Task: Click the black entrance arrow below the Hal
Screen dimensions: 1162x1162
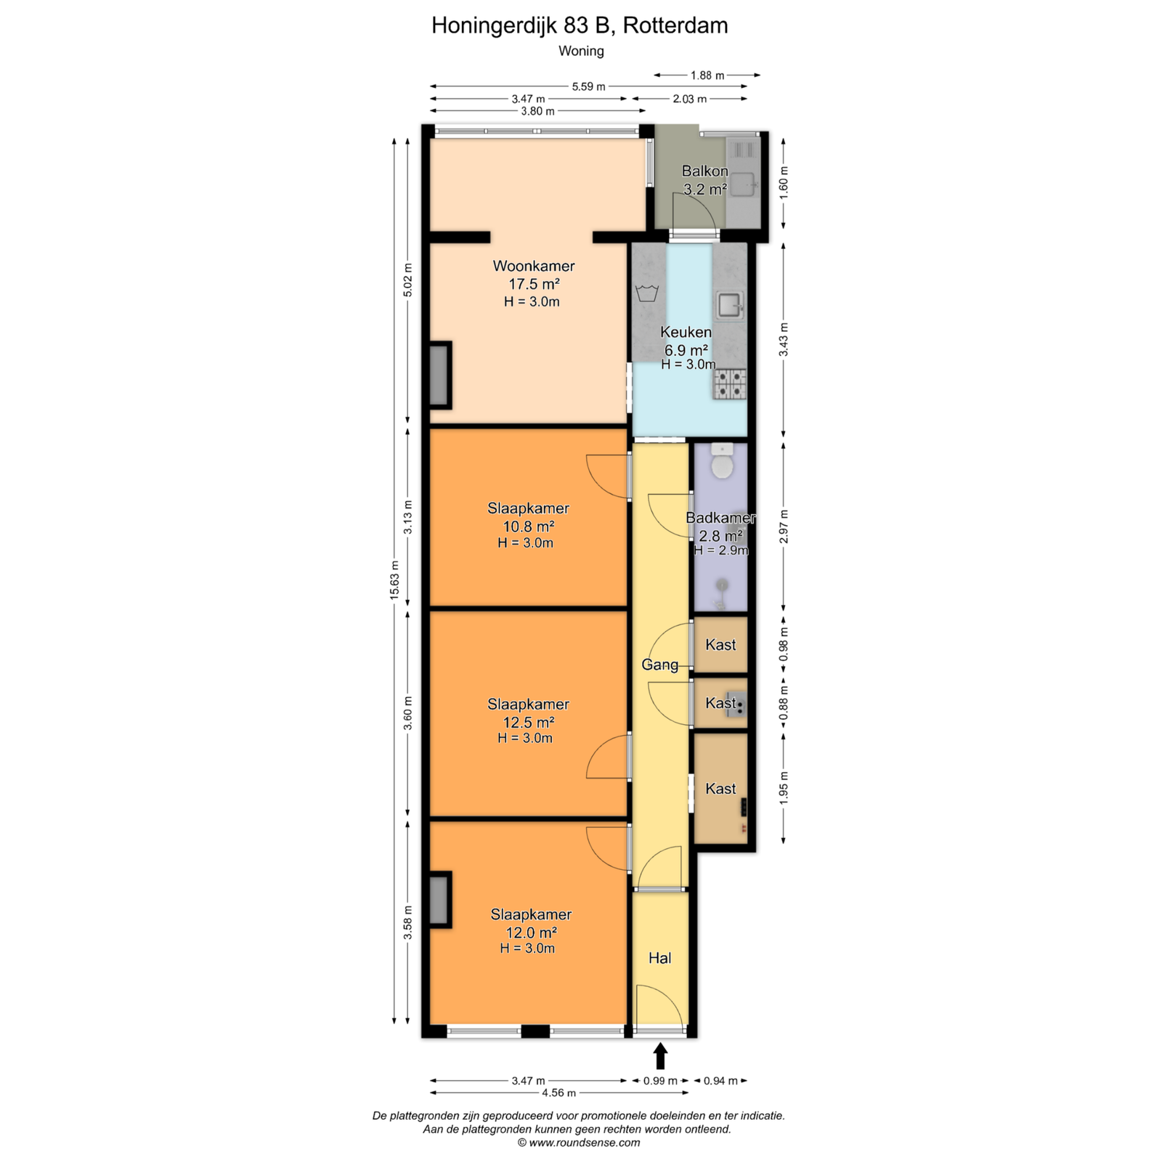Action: tap(660, 1056)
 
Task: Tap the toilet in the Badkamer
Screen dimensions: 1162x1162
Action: tap(722, 461)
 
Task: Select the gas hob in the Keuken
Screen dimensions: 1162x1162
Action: tap(730, 384)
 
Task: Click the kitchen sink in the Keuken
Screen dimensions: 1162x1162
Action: tap(730, 306)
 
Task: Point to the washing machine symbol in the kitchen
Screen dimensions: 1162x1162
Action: tap(647, 293)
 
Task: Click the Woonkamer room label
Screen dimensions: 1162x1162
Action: tap(534, 266)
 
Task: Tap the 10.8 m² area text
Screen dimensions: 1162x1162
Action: tap(529, 527)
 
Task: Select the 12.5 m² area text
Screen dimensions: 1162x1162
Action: tap(529, 722)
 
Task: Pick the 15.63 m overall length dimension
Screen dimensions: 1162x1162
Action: tap(394, 580)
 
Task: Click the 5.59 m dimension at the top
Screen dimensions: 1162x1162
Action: tap(588, 86)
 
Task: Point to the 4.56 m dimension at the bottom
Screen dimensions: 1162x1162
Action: tap(559, 1092)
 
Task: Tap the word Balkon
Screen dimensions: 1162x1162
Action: tap(704, 171)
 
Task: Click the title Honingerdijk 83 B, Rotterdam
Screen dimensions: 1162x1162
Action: tap(580, 25)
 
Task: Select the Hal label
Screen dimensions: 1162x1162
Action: tap(659, 958)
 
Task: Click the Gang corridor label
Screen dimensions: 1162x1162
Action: tap(659, 665)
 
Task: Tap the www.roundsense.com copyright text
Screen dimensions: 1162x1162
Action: tap(579, 1142)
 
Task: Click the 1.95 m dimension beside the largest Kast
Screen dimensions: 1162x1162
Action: tap(784, 788)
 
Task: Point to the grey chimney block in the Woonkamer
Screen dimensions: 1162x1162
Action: tap(439, 375)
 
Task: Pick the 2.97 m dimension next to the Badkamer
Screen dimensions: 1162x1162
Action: tap(784, 526)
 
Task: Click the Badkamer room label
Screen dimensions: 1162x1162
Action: tap(720, 518)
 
